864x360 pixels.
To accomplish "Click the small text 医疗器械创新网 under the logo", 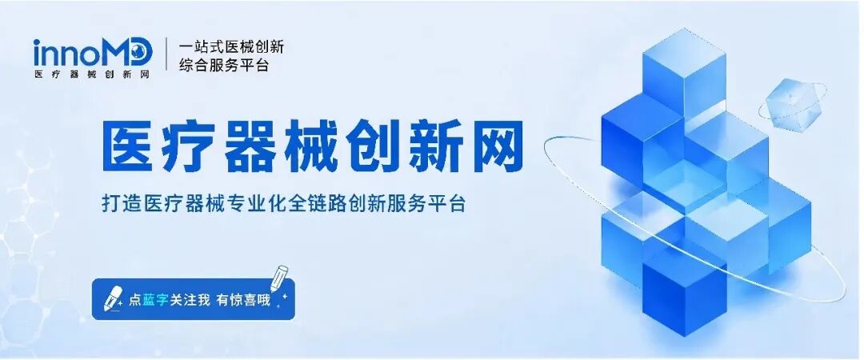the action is (92, 74).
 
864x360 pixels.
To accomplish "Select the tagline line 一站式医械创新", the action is (231, 46).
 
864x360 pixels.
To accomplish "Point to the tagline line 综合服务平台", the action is (224, 65).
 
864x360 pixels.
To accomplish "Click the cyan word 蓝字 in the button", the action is (156, 300).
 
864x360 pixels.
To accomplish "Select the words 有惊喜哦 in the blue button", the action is (243, 300).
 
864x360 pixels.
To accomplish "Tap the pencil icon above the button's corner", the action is (279, 279).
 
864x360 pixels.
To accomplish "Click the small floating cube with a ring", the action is (792, 105).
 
